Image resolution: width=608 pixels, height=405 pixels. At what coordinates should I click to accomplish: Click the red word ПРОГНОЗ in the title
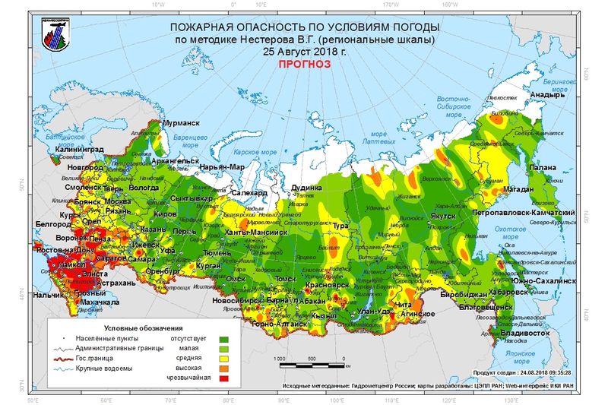(305, 65)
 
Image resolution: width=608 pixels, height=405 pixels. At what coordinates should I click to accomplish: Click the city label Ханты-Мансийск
(256, 232)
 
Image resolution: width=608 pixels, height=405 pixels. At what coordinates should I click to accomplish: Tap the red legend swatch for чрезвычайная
(223, 378)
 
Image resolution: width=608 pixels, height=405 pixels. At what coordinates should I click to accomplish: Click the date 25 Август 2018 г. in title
(304, 52)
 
